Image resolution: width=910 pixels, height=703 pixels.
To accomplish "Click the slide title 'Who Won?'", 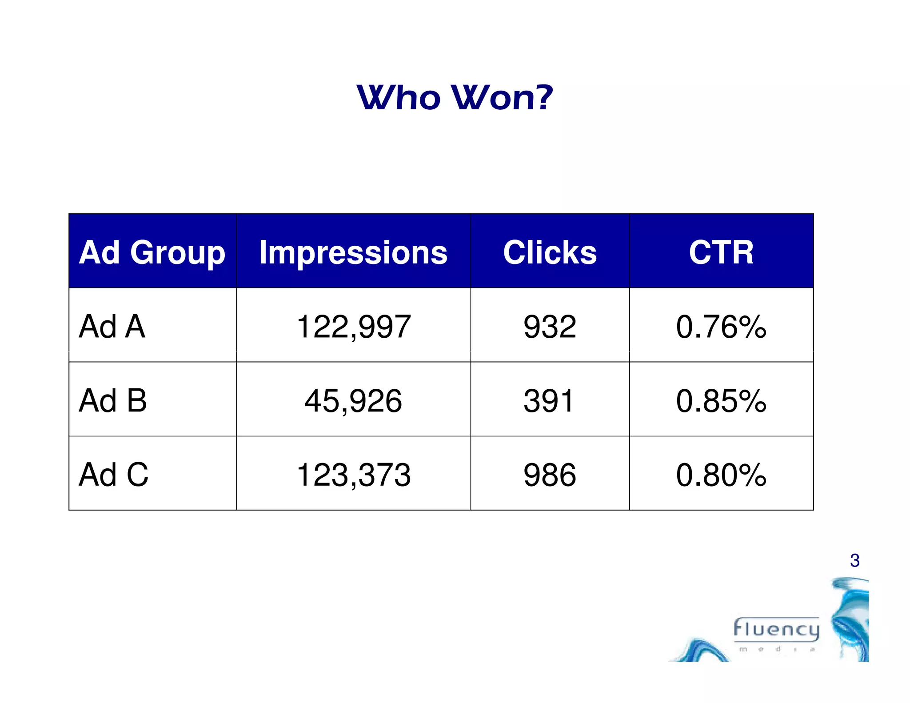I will pos(455,97).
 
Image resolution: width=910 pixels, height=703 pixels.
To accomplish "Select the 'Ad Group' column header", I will pos(152,252).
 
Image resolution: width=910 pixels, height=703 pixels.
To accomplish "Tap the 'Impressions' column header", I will pos(353,252).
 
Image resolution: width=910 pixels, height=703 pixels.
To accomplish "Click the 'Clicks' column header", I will pos(550,252).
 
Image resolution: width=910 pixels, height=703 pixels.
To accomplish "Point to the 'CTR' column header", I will pos(721,252).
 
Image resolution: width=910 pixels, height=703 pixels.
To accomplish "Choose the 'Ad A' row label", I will pos(112,327).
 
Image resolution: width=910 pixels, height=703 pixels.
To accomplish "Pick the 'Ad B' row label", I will pos(113,400).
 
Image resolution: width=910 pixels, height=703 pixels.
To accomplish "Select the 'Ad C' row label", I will pos(114,475).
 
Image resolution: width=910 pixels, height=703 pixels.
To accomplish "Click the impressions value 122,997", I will pos(353,327).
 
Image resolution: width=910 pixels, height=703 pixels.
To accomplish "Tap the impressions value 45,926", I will pos(353,401).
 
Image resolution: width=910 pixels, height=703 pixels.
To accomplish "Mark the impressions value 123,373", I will pos(353,475).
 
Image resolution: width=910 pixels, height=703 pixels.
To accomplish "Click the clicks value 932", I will pos(550,327).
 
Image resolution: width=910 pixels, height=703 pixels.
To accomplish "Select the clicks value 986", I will pos(550,475).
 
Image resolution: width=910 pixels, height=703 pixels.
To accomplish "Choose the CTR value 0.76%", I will pos(721,327).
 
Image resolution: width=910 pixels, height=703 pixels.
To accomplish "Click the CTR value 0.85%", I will pos(721,401).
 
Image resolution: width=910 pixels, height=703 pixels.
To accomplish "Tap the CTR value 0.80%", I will pos(721,475).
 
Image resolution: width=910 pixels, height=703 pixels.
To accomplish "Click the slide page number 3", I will pos(854,561).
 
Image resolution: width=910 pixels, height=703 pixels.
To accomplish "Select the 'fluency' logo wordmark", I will pos(776,629).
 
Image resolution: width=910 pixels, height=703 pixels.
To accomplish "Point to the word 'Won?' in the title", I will pos(503,97).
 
